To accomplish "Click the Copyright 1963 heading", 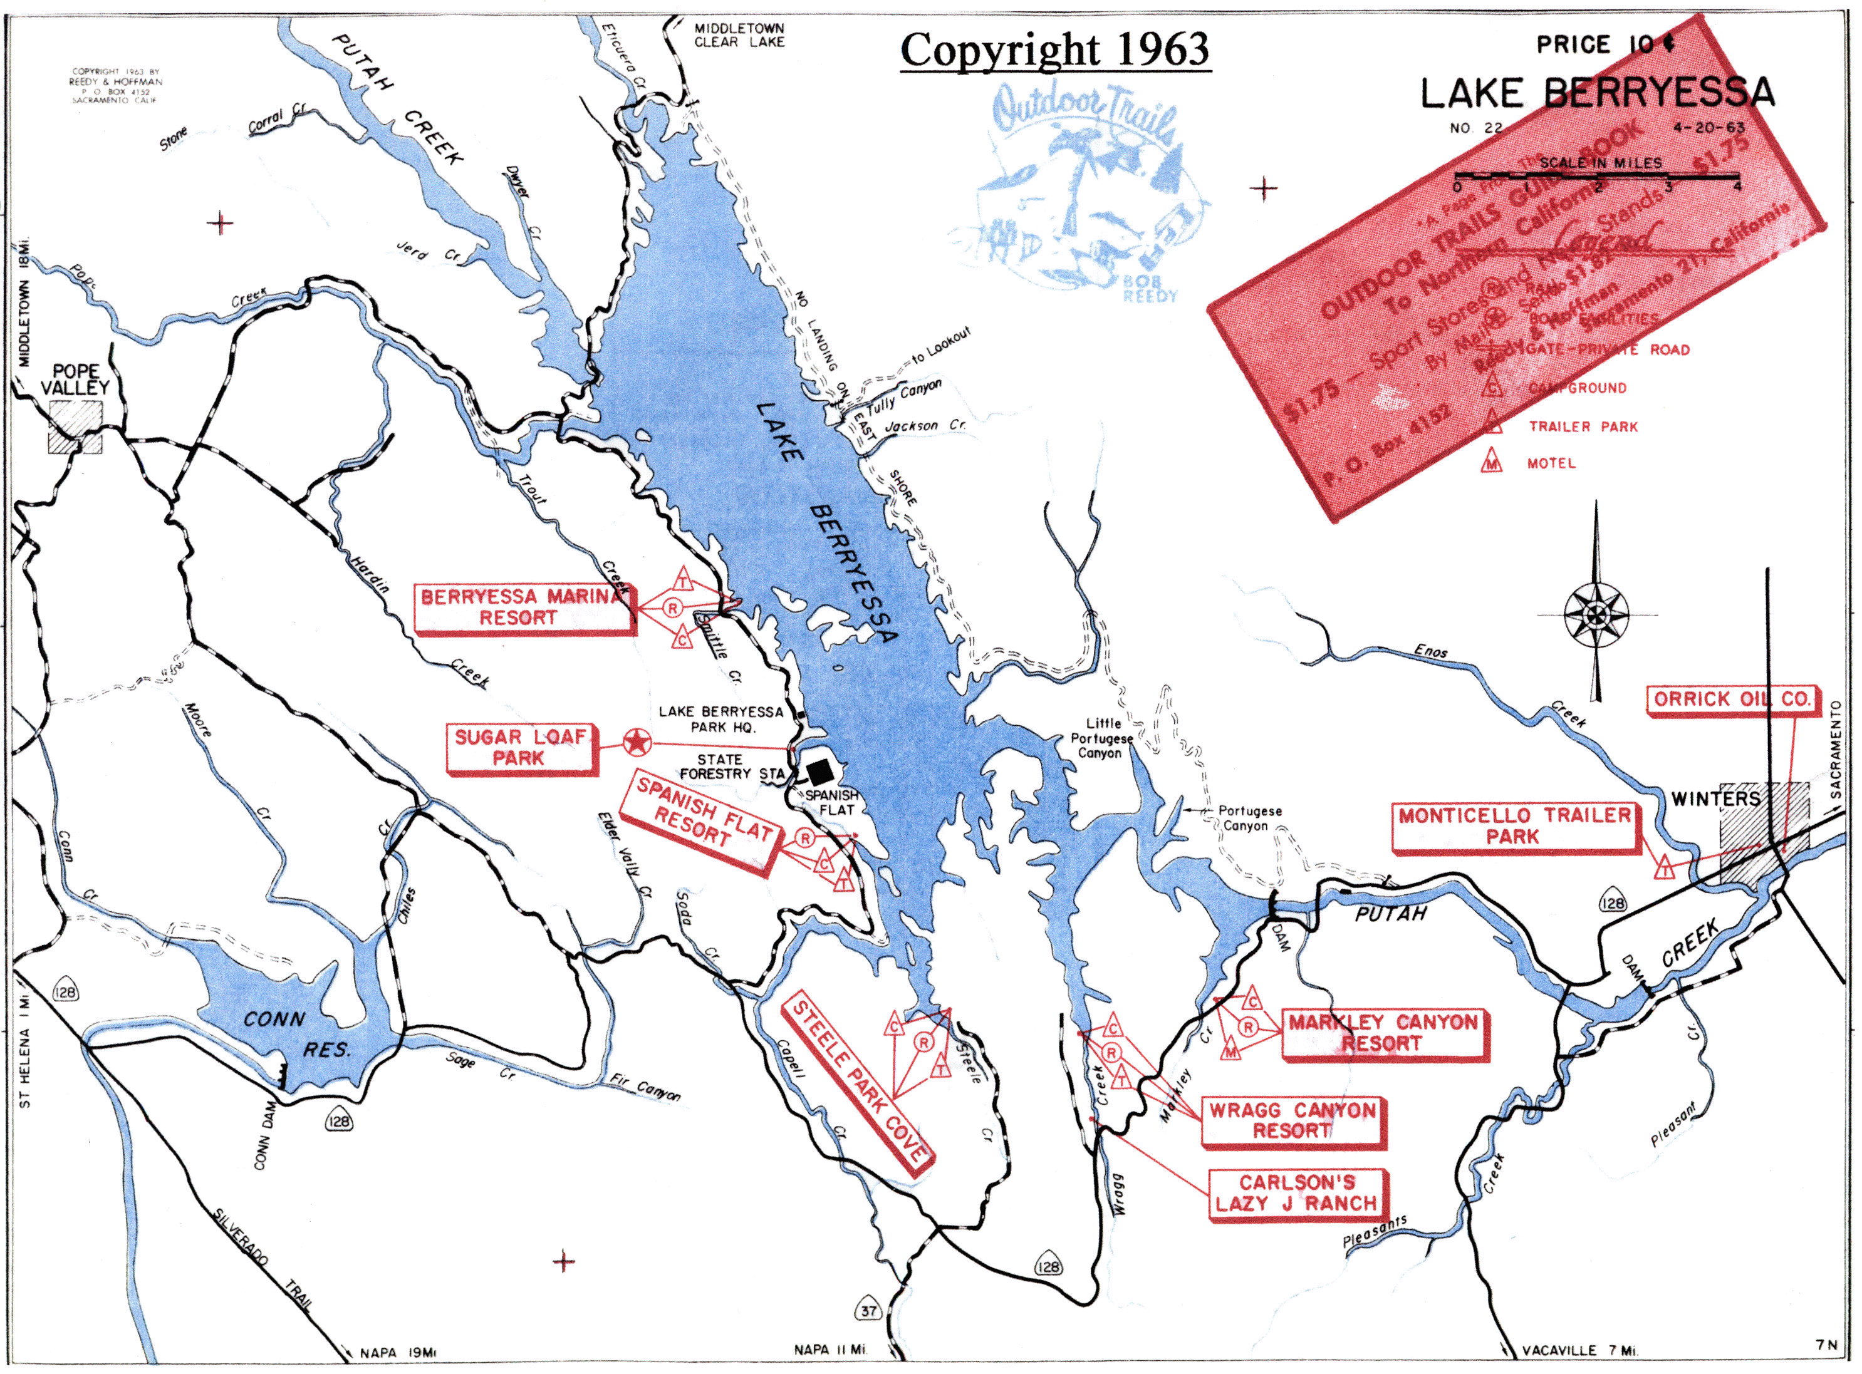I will pyautogui.click(x=1054, y=50).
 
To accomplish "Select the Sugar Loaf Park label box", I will pyautogui.click(x=521, y=748).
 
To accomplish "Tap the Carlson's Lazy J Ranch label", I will pyautogui.click(x=1296, y=1192).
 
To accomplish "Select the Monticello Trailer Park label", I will pyautogui.click(x=1514, y=826).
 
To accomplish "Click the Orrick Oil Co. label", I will pyautogui.click(x=1732, y=699).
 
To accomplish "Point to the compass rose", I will pyautogui.click(x=1596, y=616).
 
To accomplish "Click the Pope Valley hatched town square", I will pyautogui.click(x=76, y=426).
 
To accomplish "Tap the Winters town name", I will pyautogui.click(x=1715, y=798).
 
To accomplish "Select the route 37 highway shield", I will pyautogui.click(x=868, y=1311).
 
